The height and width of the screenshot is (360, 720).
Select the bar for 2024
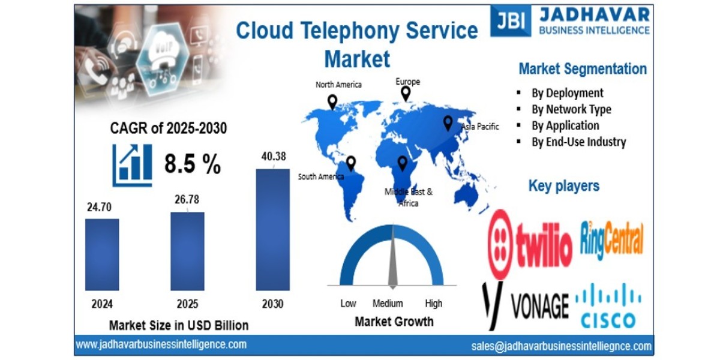102,254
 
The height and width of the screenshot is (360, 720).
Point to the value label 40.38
274,157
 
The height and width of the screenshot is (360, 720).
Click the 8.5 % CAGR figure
192,164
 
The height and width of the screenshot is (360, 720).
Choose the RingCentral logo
612,239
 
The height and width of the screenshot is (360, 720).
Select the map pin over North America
332,101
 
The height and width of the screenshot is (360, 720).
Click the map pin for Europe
406,93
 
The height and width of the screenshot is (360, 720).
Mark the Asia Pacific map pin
448,123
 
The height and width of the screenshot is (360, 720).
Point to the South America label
321,176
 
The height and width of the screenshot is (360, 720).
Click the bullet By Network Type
571,109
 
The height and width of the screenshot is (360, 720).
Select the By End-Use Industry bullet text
578,142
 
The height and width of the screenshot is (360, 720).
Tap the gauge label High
433,304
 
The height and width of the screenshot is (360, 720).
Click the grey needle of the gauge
392,258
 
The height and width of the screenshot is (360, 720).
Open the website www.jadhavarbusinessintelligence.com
161,344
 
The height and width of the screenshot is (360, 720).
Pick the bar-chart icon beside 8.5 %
132,164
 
